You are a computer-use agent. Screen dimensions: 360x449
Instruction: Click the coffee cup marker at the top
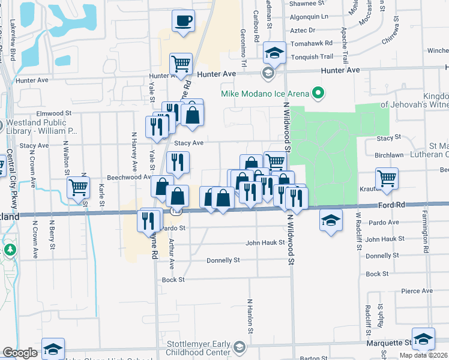coord(184,21)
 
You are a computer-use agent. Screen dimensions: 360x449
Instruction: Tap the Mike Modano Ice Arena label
coord(265,94)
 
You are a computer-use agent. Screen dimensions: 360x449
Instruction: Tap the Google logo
coord(20,353)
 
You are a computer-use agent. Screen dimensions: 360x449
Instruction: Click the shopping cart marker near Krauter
coord(387,178)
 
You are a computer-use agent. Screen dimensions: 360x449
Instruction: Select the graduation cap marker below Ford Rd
coord(331,220)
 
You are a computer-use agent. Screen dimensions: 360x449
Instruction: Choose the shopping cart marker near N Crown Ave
coord(79,187)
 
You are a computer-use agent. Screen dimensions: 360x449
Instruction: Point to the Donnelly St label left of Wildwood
coord(223,260)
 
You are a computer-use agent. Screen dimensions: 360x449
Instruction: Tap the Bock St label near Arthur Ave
coord(173,280)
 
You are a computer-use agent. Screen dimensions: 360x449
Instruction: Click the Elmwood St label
coord(54,113)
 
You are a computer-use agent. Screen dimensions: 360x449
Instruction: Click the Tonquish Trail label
coord(312,57)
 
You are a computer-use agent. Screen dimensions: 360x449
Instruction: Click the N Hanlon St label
coord(250,316)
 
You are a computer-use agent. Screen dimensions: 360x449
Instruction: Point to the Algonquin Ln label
coord(308,17)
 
